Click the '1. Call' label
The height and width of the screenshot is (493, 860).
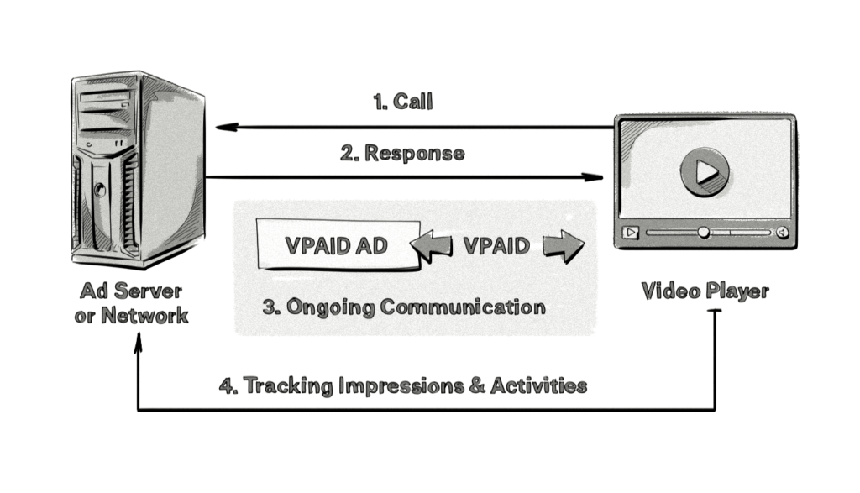[x=402, y=102]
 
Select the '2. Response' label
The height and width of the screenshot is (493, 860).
[x=402, y=154]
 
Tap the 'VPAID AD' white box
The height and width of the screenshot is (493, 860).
[x=337, y=245]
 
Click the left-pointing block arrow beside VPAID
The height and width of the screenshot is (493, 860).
[x=432, y=245]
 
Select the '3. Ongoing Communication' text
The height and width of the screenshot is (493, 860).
[x=403, y=306]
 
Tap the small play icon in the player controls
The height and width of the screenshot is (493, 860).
[x=631, y=233]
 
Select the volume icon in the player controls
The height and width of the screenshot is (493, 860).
[x=782, y=233]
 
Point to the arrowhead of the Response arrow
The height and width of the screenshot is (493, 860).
[x=597, y=177]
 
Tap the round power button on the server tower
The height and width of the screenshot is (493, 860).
[x=101, y=190]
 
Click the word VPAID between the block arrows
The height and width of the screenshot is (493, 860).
[x=496, y=245]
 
